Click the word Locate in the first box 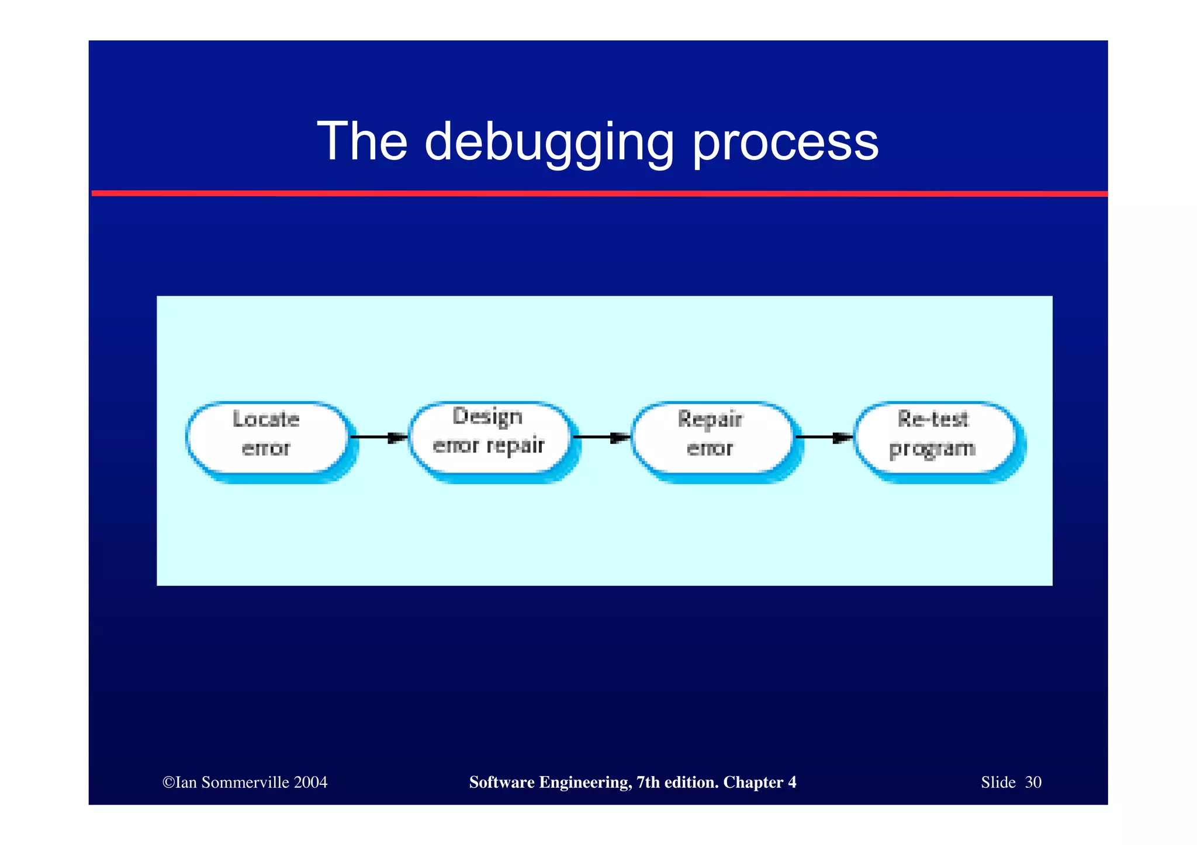point(266,419)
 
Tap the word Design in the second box point(487,417)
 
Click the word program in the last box point(932,449)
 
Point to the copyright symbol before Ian point(168,783)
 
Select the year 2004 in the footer point(311,783)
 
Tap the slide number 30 point(1033,783)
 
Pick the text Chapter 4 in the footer point(760,783)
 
